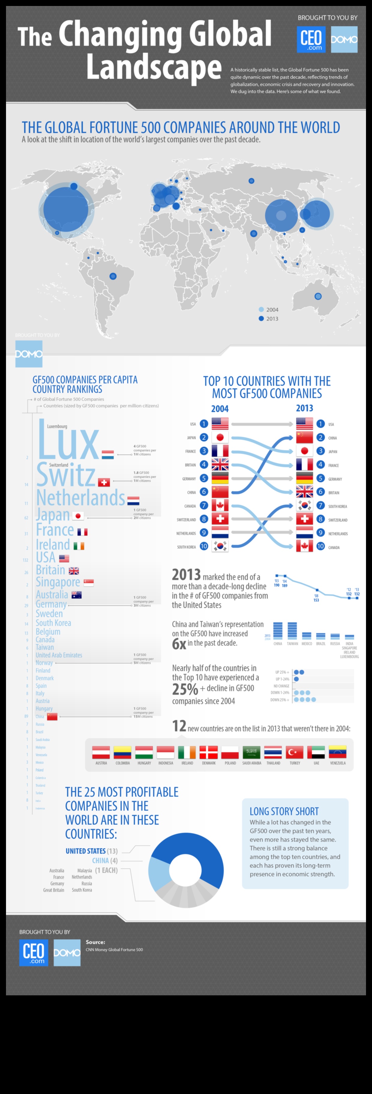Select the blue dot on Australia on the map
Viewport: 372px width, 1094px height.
pos(318,296)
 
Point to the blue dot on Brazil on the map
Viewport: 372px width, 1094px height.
pos(113,276)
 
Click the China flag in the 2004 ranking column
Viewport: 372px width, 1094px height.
pos(220,492)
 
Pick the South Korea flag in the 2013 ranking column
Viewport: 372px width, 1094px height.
pos(304,505)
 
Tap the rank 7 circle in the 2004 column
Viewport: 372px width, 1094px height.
pos(204,505)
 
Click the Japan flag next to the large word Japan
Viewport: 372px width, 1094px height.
pos(78,516)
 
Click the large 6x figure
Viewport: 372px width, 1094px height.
pos(179,644)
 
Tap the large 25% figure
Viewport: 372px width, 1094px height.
pos(185,689)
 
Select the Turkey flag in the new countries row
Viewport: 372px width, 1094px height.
pos(295,752)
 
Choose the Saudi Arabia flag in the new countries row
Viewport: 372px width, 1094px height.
pos(251,752)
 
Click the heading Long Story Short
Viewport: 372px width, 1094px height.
pos(284,811)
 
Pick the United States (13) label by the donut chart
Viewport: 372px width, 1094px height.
pos(91,851)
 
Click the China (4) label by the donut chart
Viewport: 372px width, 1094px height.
pos(104,860)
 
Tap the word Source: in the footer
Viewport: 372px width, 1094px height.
pos(95,942)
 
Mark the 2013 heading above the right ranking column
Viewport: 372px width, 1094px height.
pos(304,408)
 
